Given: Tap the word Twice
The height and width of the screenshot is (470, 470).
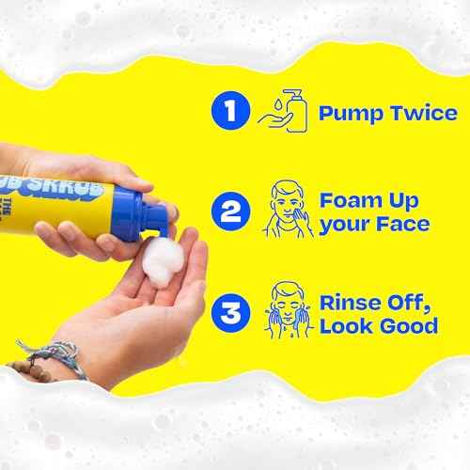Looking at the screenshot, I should tap(422, 114).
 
